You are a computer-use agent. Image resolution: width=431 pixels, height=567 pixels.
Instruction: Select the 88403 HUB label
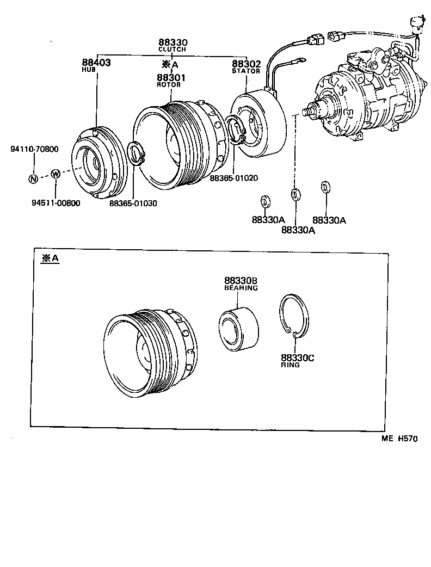(96, 65)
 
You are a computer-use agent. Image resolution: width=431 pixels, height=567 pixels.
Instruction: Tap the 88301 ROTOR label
(171, 81)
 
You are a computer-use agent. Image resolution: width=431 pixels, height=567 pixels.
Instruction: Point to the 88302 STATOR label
(246, 66)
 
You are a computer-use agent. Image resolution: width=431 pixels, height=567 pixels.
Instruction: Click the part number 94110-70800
(34, 149)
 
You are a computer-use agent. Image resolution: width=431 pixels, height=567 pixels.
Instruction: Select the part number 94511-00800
(56, 203)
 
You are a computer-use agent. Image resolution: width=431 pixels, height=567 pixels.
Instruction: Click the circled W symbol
(56, 174)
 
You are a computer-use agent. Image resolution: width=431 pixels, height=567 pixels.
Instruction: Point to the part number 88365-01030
(133, 203)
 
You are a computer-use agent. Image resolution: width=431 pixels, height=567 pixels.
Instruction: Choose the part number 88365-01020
(233, 177)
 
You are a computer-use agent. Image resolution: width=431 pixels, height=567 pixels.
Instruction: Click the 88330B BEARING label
(241, 283)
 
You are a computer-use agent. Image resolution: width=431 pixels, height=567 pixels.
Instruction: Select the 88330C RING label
(298, 361)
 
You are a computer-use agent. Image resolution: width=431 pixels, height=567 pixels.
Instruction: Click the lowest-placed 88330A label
(298, 230)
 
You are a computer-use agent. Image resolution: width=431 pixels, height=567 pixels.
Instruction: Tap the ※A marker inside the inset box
(50, 259)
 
